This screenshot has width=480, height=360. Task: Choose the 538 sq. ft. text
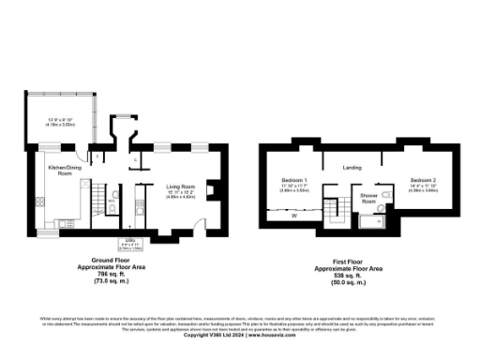[x=352, y=273]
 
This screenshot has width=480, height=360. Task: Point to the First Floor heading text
[x=352, y=261]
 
